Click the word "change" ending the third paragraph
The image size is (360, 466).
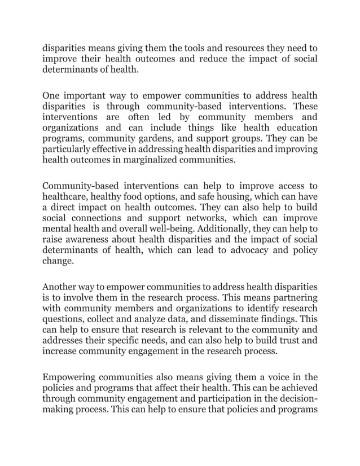click(58, 262)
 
